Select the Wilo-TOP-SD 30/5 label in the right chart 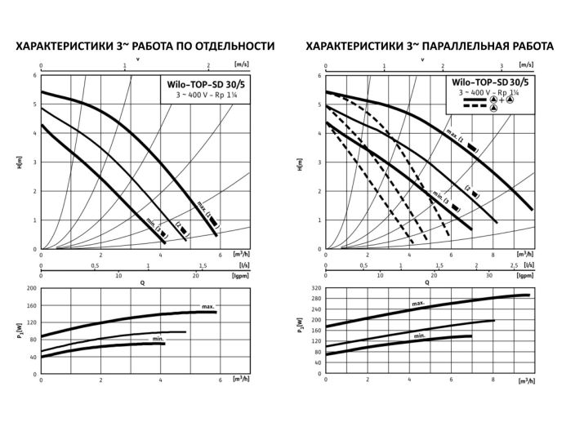pyautogui.click(x=488, y=83)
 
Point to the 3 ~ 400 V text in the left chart pyautogui.click(x=189, y=96)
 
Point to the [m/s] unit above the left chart pyautogui.click(x=240, y=63)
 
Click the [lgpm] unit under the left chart pyautogui.click(x=240, y=276)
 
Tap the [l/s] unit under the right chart pyautogui.click(x=529, y=265)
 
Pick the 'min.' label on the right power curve pyautogui.click(x=420, y=335)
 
